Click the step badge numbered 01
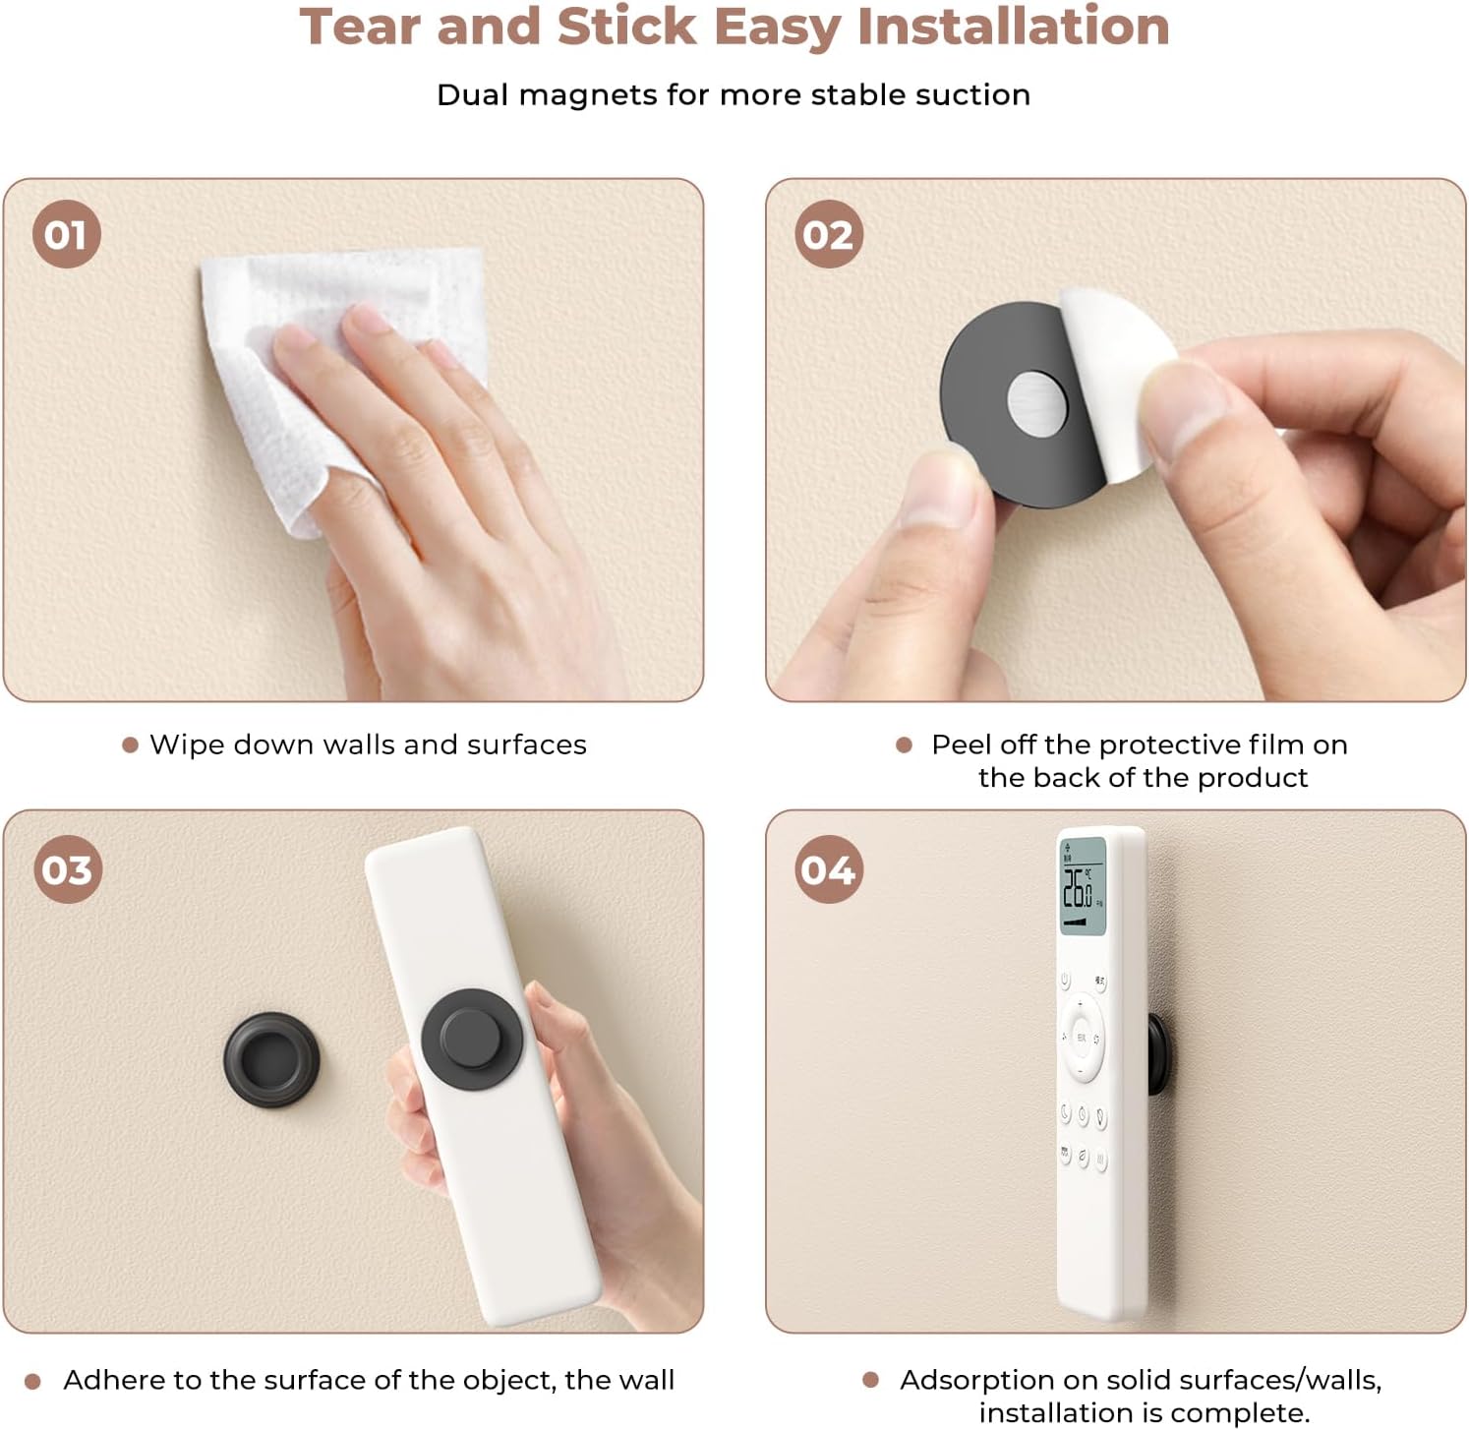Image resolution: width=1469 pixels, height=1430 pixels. (x=66, y=234)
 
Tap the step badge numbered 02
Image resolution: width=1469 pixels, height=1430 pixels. (x=829, y=234)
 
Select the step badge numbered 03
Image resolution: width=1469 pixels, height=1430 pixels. (x=68, y=869)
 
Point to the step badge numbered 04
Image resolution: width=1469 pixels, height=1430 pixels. (x=829, y=869)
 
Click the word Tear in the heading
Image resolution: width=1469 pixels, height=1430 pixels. (x=362, y=27)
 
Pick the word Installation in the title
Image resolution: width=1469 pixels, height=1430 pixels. (x=1013, y=27)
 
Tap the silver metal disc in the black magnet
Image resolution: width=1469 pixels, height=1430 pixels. (x=1037, y=401)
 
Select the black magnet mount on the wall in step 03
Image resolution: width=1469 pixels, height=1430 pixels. (x=271, y=1060)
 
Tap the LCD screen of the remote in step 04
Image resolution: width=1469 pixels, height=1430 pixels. (x=1082, y=886)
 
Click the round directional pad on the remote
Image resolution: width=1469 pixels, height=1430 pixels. (x=1081, y=1037)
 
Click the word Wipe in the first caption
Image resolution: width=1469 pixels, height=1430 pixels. (x=185, y=745)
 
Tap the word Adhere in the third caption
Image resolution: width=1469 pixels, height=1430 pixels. (x=114, y=1380)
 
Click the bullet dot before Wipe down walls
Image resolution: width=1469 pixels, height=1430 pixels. (x=130, y=745)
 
